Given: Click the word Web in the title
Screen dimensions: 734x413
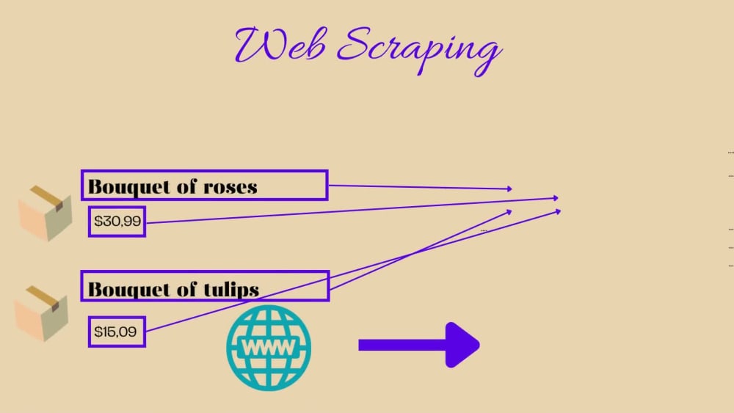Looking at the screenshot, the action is click(280, 45).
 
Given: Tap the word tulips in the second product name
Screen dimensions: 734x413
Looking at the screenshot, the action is click(231, 289).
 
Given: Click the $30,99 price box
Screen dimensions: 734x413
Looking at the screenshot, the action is click(117, 222).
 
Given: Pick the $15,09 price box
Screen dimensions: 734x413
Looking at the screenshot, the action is click(117, 332).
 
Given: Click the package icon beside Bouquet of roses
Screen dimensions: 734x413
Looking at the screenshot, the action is click(46, 213).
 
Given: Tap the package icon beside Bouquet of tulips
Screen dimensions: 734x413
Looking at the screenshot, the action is click(42, 313).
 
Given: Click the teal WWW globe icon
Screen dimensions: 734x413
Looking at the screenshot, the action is click(269, 348).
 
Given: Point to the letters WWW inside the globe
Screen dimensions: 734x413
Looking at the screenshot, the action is click(269, 348).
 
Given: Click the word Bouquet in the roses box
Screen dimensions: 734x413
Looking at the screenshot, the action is click(128, 187).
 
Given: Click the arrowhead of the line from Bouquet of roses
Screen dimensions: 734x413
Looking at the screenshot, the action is click(510, 189).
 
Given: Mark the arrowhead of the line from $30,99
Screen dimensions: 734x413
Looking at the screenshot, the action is click(556, 198).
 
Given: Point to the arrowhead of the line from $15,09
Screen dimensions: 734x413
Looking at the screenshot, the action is click(509, 212).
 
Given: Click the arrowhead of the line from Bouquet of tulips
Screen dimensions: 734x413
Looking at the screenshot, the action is click(558, 212).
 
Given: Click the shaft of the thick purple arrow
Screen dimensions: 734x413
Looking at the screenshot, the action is click(402, 346).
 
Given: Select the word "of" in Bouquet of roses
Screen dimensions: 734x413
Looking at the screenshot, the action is click(186, 186).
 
